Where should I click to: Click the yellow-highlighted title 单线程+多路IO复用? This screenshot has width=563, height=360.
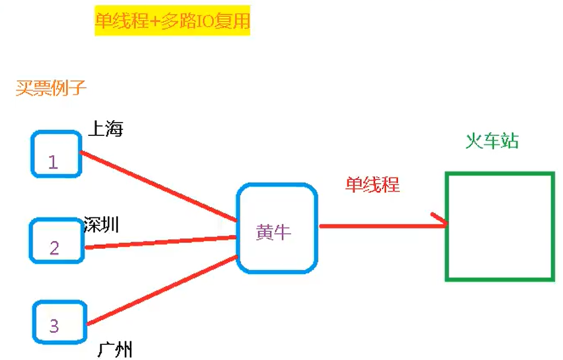click(x=172, y=21)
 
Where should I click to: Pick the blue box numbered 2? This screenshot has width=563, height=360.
click(x=56, y=240)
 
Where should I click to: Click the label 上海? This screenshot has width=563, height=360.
click(x=106, y=129)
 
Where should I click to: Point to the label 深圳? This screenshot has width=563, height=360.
click(x=101, y=225)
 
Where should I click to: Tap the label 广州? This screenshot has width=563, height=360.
click(x=115, y=350)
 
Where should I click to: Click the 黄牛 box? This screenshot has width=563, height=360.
click(x=277, y=228)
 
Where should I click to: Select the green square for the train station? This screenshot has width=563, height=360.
click(x=500, y=227)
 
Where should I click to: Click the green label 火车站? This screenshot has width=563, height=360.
click(x=492, y=141)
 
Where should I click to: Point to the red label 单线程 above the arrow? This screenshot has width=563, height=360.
click(x=372, y=184)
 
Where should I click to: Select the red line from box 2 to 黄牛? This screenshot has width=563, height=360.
click(x=160, y=242)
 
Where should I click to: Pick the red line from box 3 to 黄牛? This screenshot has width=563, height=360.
click(x=160, y=291)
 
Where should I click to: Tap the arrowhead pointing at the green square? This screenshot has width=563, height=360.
click(x=441, y=222)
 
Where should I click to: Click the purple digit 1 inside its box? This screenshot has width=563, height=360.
click(x=53, y=162)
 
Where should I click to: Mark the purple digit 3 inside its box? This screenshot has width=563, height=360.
click(x=54, y=326)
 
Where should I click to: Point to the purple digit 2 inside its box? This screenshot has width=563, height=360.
click(x=54, y=248)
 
